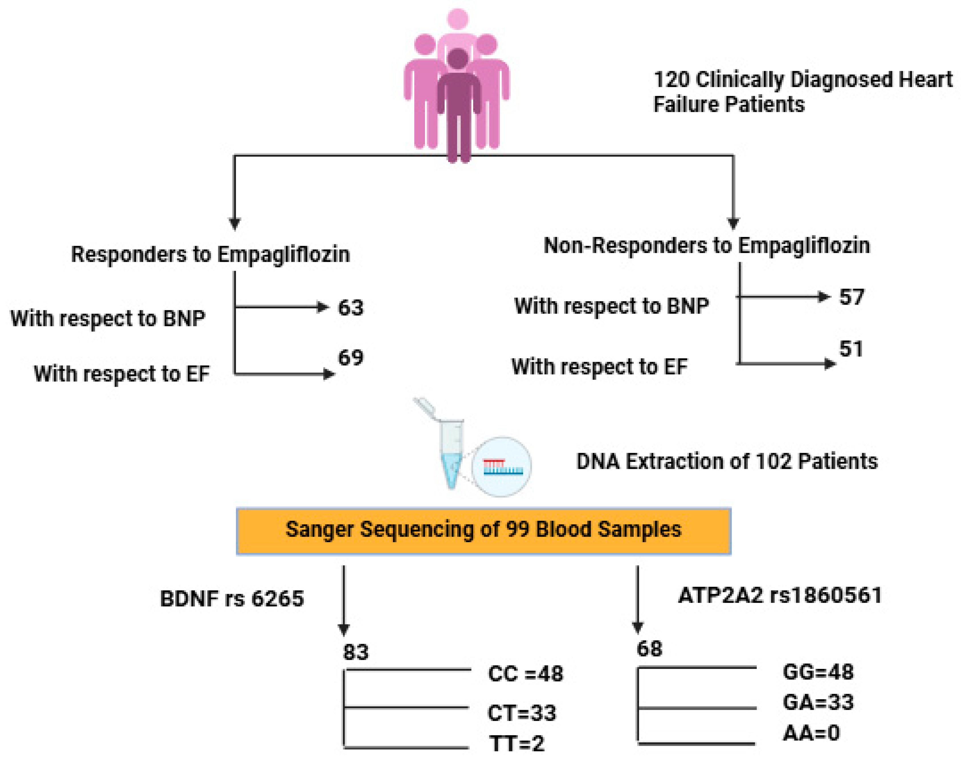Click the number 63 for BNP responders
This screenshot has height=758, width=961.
point(350,307)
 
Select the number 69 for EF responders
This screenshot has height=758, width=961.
point(350,357)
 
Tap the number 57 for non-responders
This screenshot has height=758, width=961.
point(851,297)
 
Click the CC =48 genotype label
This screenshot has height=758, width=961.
point(526,674)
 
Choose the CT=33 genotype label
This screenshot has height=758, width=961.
point(522,713)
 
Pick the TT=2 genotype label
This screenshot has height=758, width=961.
point(517,744)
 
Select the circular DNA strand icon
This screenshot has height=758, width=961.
point(502,467)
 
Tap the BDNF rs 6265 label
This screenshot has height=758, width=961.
point(231,599)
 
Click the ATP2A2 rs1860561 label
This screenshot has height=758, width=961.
point(780,595)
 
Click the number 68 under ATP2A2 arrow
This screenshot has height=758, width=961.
point(649,649)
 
